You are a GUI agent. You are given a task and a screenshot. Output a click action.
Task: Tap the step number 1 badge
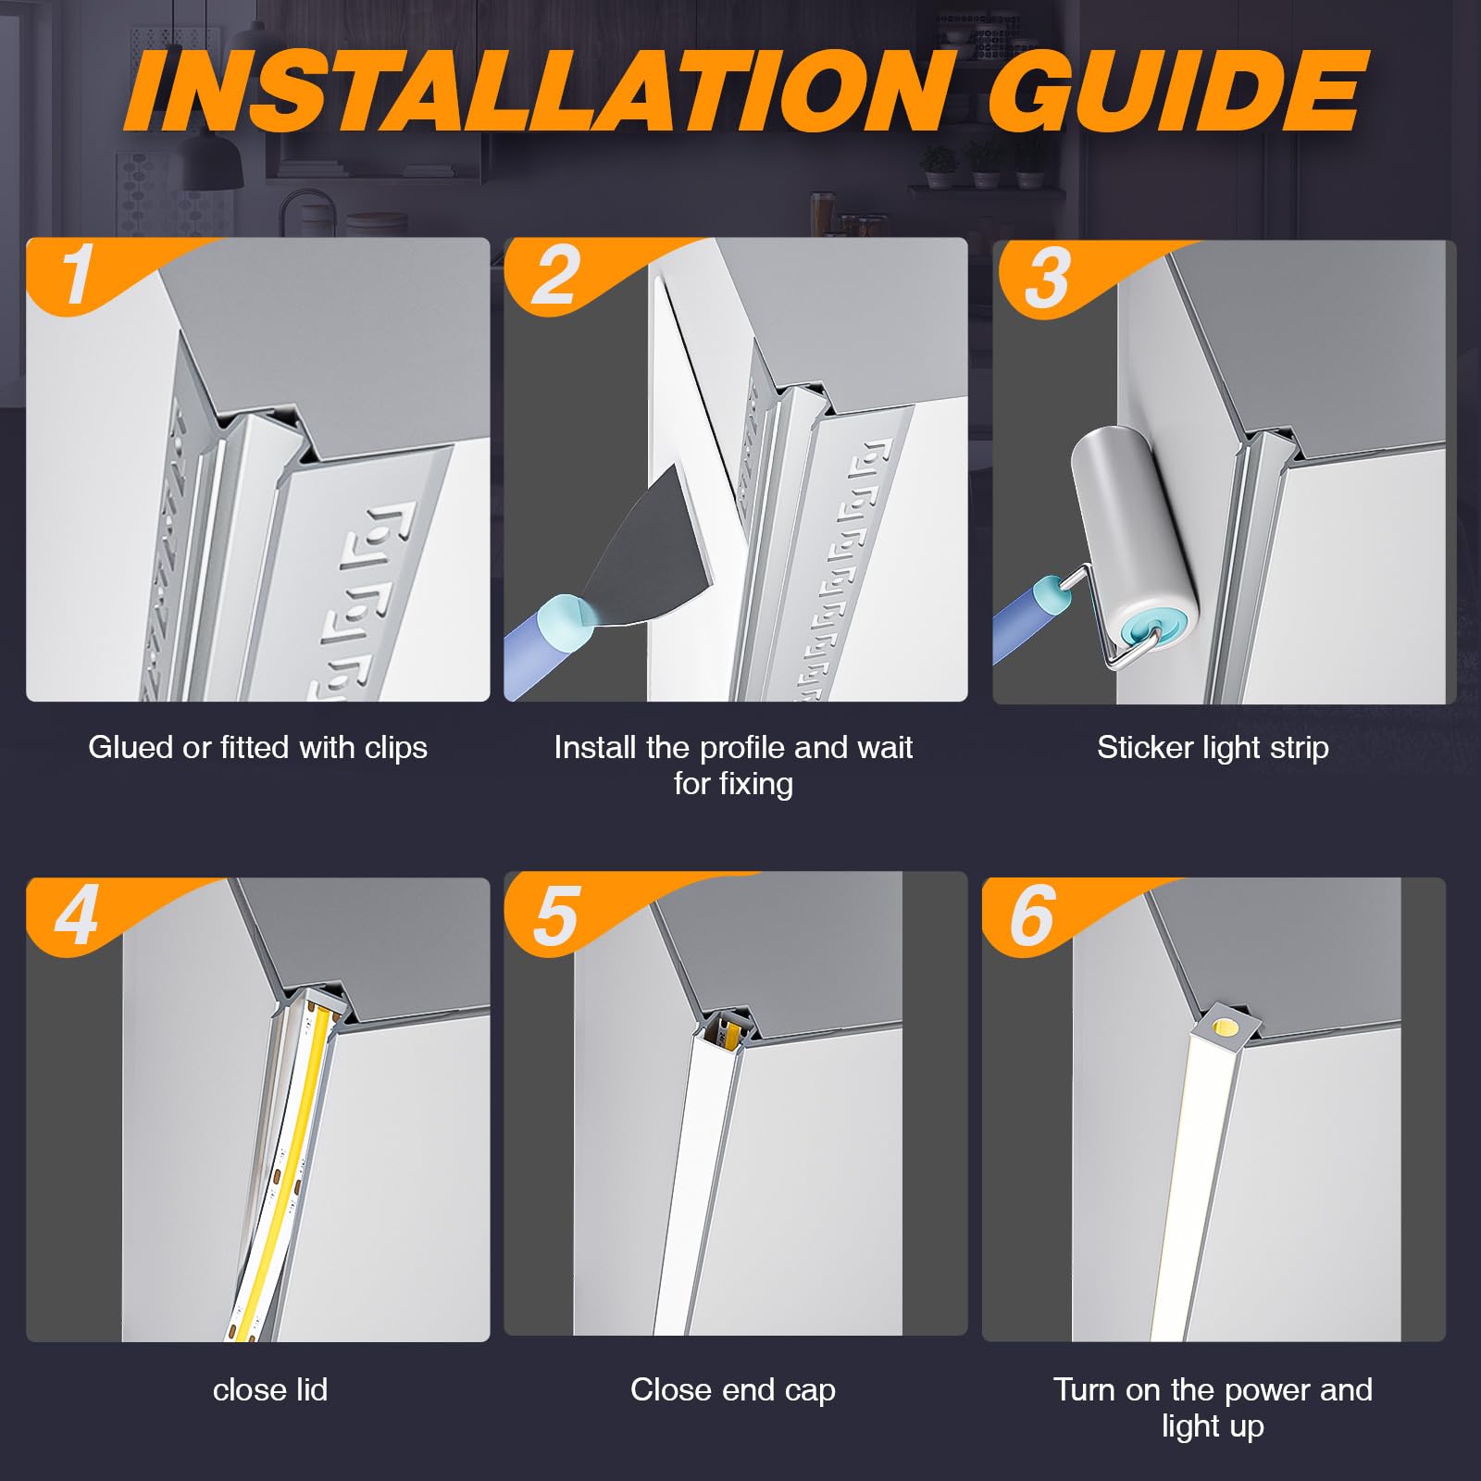pos(78,274)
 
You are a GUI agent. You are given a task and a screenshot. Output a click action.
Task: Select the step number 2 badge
pos(555,275)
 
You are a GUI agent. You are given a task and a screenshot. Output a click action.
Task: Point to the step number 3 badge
pos(1047,278)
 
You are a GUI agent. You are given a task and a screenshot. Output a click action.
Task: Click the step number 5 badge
pos(556,915)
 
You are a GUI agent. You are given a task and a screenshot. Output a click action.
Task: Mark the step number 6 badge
pos(1033,915)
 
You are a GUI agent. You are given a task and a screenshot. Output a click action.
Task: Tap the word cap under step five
pos(811,1391)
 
